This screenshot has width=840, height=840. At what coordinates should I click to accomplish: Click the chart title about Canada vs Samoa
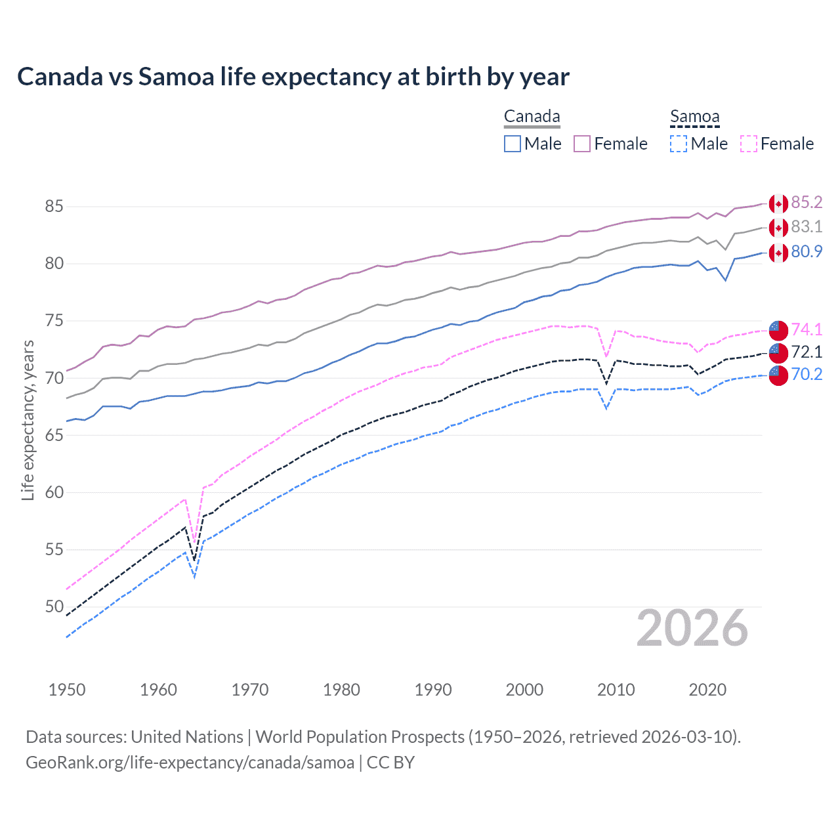click(x=293, y=77)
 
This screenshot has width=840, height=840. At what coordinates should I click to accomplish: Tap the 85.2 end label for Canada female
click(x=807, y=202)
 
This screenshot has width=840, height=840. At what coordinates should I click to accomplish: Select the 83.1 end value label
click(x=807, y=226)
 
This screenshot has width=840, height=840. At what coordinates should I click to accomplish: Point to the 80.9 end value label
click(x=807, y=251)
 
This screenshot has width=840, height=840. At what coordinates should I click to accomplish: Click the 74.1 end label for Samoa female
click(x=807, y=329)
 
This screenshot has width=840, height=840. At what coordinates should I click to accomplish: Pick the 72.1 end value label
click(x=807, y=352)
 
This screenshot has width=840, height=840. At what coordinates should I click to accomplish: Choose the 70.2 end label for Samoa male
click(x=807, y=374)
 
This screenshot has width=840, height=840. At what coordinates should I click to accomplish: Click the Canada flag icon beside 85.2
click(x=778, y=204)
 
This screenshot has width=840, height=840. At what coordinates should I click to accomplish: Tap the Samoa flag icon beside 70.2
click(x=778, y=375)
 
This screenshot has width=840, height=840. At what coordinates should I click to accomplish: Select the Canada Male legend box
click(x=513, y=144)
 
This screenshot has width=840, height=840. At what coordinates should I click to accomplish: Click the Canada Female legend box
click(x=582, y=144)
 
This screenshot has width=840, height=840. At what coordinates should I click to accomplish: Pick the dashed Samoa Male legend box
click(x=679, y=144)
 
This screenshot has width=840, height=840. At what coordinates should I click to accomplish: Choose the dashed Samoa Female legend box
click(x=749, y=144)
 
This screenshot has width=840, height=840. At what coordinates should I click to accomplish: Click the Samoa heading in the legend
click(x=694, y=117)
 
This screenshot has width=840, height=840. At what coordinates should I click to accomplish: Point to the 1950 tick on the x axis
click(x=67, y=690)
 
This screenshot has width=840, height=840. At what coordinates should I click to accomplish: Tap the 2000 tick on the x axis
click(x=524, y=690)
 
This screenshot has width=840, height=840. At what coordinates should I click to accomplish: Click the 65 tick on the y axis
click(x=54, y=435)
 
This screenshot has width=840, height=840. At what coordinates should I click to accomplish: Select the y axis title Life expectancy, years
click(x=28, y=420)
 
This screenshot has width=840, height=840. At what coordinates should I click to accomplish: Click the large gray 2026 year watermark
click(x=692, y=628)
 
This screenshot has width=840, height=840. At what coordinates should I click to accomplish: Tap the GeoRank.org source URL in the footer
click(x=190, y=763)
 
